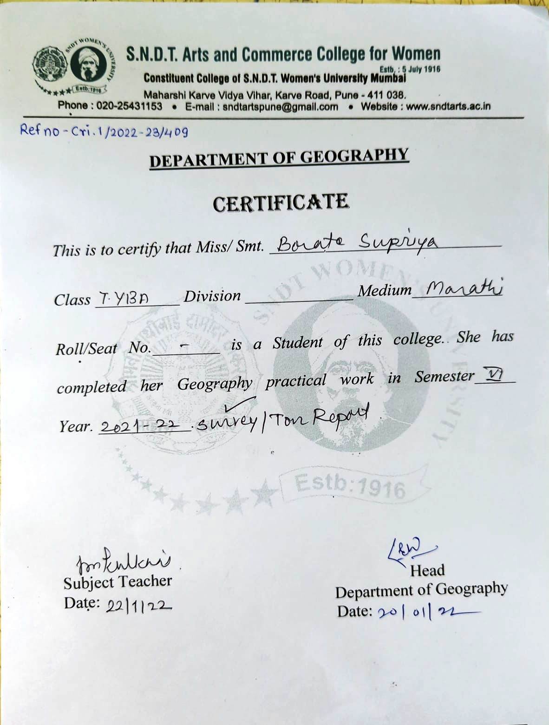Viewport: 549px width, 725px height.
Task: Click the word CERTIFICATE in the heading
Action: coord(281,203)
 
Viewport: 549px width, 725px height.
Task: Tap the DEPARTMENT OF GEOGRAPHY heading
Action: coord(279,158)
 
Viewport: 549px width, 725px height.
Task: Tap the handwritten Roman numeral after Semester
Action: coord(492,374)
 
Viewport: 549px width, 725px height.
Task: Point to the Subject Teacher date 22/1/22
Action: coord(138,605)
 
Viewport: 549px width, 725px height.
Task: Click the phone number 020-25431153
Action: coord(129,106)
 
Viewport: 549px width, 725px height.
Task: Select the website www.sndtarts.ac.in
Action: coord(448,106)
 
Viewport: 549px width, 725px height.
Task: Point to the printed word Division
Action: coord(212,296)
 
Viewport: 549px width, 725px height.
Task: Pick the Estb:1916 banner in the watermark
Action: coord(350,485)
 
